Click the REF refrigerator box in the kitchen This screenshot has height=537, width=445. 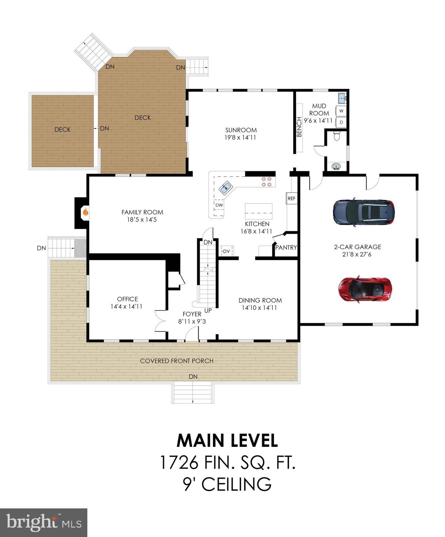[x=291, y=198]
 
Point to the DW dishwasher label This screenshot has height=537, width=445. [x=219, y=205]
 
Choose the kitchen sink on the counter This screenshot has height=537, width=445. [x=226, y=188]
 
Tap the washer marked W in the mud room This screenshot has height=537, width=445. [x=341, y=111]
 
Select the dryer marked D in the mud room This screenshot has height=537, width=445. [x=341, y=122]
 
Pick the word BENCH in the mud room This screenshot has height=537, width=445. [x=299, y=127]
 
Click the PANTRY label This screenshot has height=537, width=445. [x=286, y=248]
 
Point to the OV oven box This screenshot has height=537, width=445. [x=226, y=251]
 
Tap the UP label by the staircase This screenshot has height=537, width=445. [x=208, y=310]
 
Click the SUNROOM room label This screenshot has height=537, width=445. [x=241, y=130]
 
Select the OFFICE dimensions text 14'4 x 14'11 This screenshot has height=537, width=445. [x=127, y=307]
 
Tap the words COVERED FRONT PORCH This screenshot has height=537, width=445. [x=177, y=361]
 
